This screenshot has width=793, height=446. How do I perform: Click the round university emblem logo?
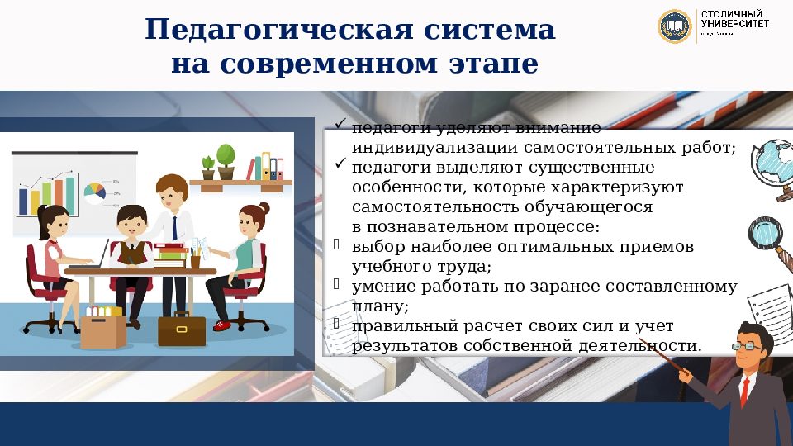[674, 26]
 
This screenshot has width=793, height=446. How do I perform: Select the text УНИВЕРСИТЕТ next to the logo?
[735, 24]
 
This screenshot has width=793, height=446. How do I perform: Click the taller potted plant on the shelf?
[226, 160]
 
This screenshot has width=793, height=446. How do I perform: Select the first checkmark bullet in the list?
[339, 125]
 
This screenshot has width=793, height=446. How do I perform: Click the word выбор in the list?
[376, 247]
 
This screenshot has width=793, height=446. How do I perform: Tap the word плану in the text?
[379, 306]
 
